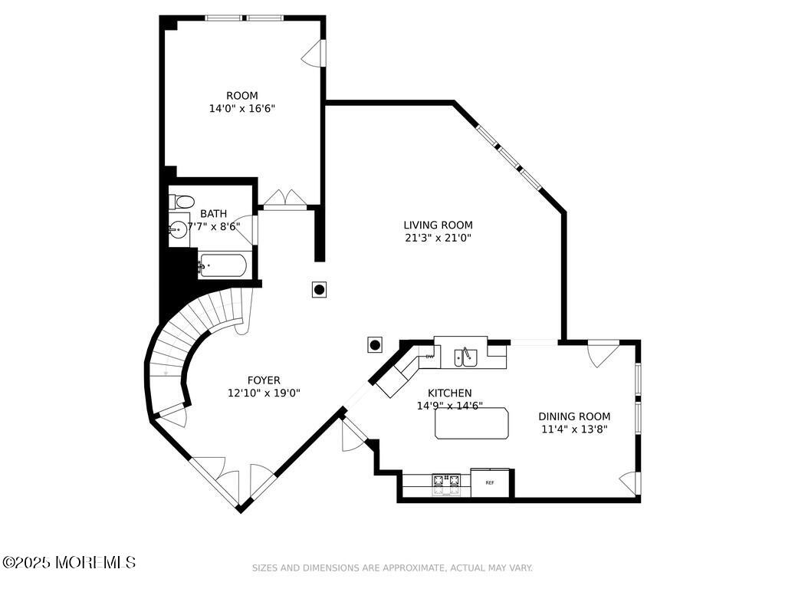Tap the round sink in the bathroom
point(178,230)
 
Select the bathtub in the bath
point(222,265)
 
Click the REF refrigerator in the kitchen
point(490,483)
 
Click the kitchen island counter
point(471,423)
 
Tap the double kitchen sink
point(465,357)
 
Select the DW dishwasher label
point(429,357)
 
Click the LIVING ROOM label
point(438,225)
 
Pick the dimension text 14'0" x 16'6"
point(242,108)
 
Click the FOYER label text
point(264,380)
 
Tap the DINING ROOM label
point(574,416)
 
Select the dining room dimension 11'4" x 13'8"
point(574,429)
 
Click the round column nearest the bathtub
point(320,289)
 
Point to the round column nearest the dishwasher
point(375,344)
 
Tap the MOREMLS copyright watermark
point(68,562)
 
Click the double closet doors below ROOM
point(285,199)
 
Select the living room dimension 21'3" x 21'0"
point(438,238)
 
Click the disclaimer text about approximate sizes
point(392,568)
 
